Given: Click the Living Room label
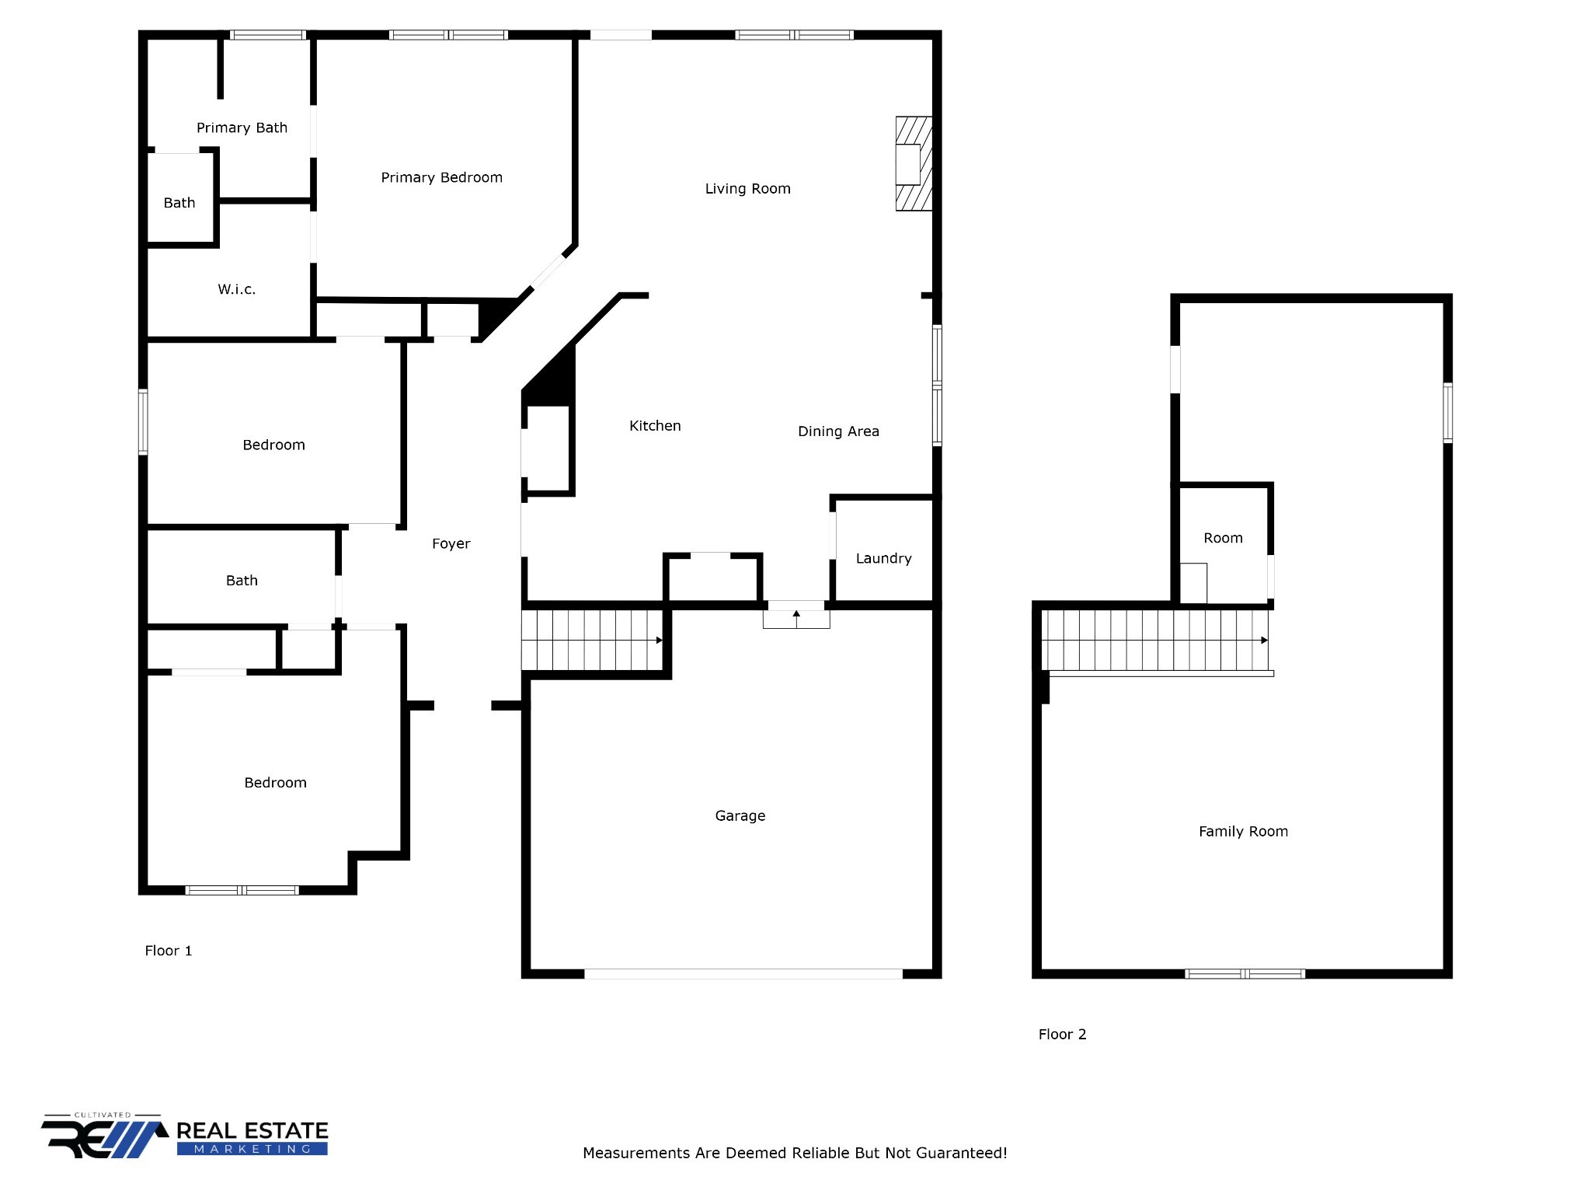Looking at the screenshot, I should coord(747,189).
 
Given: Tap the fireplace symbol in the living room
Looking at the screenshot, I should coord(913,164).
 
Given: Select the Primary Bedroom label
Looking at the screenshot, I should coord(441,178).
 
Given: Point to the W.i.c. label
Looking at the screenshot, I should coord(236,290).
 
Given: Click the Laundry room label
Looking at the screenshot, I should coord(883,559).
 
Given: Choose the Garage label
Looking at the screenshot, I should coord(740,816).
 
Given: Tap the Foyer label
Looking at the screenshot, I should coord(451,544).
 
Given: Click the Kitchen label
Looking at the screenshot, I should coord(655,426).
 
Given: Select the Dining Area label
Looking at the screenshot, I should coord(838,431).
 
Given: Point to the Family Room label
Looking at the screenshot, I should coord(1243,832).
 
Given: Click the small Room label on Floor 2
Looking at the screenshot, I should coord(1223,539).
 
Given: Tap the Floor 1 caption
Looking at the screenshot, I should coord(168,951).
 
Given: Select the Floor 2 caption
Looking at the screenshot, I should coord(1062,1035).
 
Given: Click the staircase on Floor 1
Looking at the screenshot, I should coord(592,641).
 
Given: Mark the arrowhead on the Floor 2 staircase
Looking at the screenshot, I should coord(1264,641).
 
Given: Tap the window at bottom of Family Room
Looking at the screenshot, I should coord(1245,974).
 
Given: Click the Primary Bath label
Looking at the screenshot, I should coord(242,128).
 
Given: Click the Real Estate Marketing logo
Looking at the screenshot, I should coord(185,1138).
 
